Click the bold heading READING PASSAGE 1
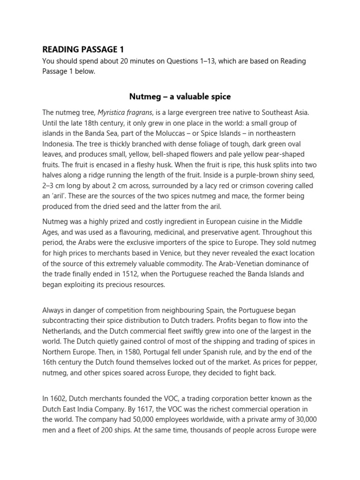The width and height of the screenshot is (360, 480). (83, 49)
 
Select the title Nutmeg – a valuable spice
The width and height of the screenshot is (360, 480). (180, 97)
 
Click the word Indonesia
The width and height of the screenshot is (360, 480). (59, 143)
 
